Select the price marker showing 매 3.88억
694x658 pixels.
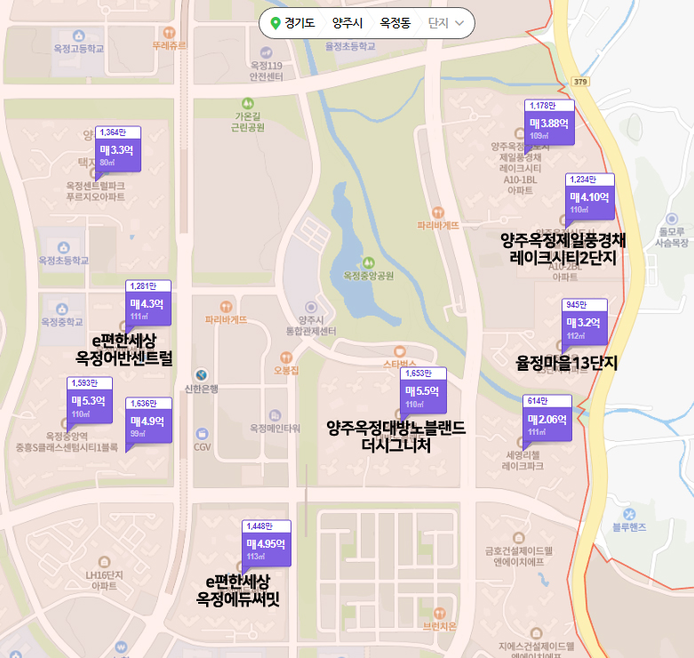548,124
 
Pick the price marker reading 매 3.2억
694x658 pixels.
584,323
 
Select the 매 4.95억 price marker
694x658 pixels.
265,545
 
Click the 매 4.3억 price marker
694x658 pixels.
148,305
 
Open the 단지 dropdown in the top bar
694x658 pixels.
446,23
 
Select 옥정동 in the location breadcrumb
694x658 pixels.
395,23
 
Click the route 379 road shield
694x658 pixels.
581,82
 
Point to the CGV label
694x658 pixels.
203,446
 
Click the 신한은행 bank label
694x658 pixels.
201,388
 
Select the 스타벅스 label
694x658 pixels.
399,364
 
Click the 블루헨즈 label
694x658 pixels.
629,527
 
